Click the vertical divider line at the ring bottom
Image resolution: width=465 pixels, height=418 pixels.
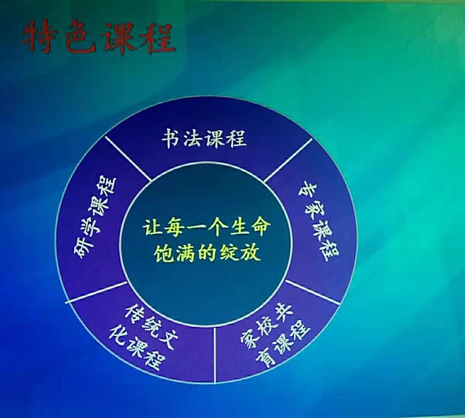(215, 355)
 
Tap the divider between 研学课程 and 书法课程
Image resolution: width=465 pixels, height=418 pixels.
(128, 159)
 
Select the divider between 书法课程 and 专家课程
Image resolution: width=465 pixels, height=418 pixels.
(288, 160)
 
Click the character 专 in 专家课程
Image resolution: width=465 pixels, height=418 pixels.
(308, 193)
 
